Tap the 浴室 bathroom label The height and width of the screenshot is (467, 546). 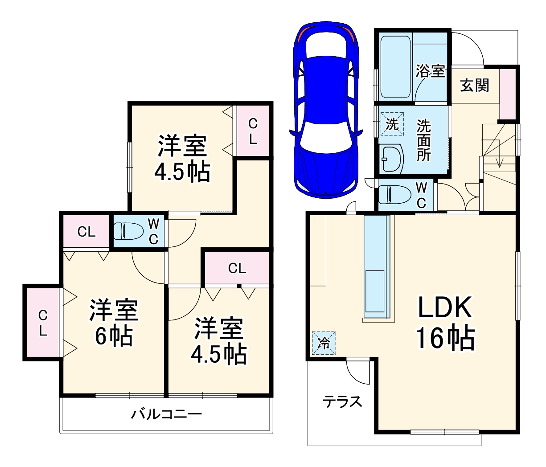[x=431, y=71]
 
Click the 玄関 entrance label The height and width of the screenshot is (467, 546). [x=474, y=85]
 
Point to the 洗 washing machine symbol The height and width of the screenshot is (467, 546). [x=392, y=123]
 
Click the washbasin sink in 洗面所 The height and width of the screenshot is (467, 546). [x=391, y=158]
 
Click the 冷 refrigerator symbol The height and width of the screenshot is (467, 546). [x=323, y=343]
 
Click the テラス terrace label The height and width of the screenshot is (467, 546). [x=342, y=402]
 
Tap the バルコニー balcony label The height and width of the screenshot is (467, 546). [x=166, y=414]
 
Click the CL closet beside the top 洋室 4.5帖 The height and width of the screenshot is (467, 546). [x=253, y=131]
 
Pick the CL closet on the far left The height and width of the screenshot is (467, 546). [x=42, y=323]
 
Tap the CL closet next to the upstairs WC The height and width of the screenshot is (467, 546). [x=86, y=232]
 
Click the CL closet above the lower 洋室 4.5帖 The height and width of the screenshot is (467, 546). [x=237, y=268]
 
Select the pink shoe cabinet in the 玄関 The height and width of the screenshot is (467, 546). [x=507, y=93]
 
